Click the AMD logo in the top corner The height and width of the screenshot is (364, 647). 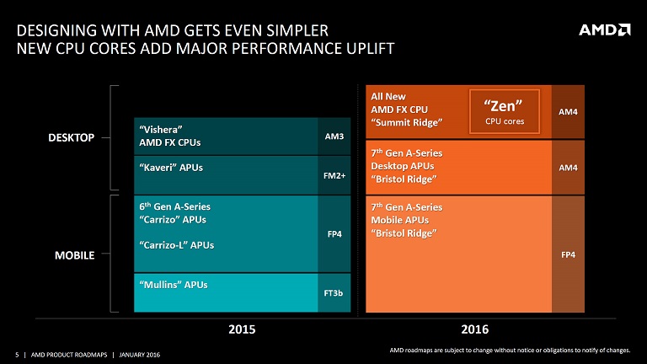tap(604, 30)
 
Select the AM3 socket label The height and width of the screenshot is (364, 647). tap(334, 136)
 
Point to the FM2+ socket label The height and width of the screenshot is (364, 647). tap(334, 175)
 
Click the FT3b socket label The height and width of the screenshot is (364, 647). tap(334, 292)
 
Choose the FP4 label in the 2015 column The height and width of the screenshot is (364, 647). tap(334, 233)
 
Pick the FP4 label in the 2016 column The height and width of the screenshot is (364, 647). tap(568, 254)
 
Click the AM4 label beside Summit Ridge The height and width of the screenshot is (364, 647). tap(568, 111)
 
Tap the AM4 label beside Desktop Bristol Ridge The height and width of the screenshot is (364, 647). tap(568, 168)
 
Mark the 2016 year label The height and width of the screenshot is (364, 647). tap(474, 328)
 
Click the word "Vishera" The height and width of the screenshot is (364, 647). tap(162, 129)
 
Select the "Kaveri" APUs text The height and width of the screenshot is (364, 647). tap(170, 167)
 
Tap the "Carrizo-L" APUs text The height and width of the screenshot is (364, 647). tap(176, 245)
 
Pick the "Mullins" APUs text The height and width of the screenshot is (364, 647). tap(173, 284)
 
